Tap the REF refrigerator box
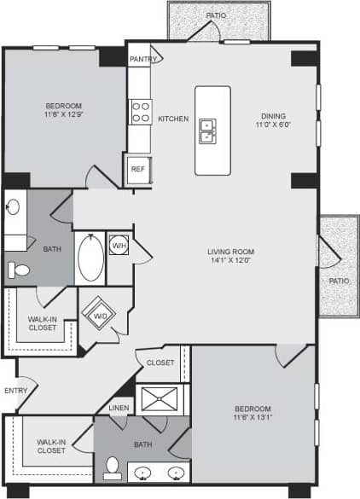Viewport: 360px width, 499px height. (138, 169)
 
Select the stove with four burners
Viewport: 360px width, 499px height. (140, 113)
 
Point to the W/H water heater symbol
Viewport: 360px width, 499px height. (118, 246)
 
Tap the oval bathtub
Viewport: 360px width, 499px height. (90, 258)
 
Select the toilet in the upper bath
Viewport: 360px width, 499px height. (18, 270)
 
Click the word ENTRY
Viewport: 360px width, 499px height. (15, 391)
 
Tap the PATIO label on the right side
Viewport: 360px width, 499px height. (340, 281)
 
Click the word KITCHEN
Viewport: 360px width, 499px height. (173, 119)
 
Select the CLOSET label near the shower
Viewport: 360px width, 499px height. (160, 363)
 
